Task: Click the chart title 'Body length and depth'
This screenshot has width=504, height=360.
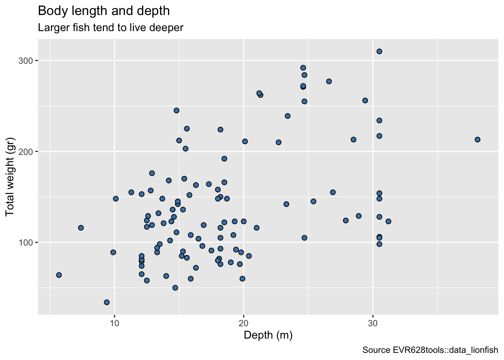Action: pos(104,11)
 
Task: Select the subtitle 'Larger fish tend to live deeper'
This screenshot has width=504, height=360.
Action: pos(111,28)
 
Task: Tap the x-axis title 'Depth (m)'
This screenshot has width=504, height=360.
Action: pos(268,335)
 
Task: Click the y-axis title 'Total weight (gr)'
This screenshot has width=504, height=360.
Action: pos(10,177)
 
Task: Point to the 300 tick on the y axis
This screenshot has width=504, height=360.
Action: pos(26,61)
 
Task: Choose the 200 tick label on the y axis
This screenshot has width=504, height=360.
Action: pos(26,151)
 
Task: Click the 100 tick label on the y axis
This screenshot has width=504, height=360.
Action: pos(26,243)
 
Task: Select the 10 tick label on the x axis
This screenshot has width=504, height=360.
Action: pos(114,322)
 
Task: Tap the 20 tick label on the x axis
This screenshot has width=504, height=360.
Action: pos(244,322)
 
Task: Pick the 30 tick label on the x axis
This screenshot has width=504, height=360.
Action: pos(373,322)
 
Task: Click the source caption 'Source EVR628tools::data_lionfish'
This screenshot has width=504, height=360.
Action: pos(430,350)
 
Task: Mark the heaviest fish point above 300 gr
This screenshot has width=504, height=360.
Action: pos(379,51)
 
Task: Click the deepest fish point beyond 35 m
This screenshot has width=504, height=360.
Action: pos(477,139)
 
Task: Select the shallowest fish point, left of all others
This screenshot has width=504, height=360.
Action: pos(59,275)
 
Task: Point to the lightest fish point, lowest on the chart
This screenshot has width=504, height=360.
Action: pos(106,302)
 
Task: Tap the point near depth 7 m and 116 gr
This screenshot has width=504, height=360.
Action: pos(81,228)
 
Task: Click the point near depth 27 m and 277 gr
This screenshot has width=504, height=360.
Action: pos(329,81)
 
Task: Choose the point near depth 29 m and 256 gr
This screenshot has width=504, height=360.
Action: pos(365,100)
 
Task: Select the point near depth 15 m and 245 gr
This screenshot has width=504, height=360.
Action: pos(176,110)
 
